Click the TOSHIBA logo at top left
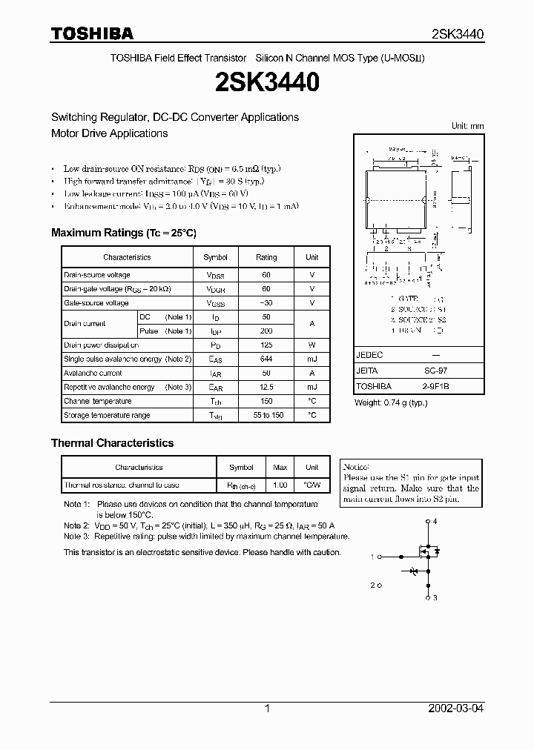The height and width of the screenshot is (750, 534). click(92, 33)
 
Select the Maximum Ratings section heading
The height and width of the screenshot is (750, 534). click(123, 233)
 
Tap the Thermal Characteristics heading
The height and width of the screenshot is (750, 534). click(112, 443)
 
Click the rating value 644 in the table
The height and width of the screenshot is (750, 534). click(266, 359)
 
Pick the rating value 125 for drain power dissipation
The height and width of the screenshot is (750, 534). click(266, 345)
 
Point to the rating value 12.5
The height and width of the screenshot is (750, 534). click(266, 388)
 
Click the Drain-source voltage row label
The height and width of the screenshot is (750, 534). click(96, 275)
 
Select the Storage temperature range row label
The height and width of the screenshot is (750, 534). click(107, 416)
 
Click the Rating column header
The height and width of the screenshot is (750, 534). click(266, 257)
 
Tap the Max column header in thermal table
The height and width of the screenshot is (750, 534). click(280, 468)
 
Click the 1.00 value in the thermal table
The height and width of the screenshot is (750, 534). click(280, 485)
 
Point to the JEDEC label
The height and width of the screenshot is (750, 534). click(369, 356)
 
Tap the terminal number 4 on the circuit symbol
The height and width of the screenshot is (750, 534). click(435, 522)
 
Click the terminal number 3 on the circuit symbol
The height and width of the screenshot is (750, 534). click(435, 597)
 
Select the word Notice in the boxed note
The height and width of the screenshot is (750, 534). click(356, 467)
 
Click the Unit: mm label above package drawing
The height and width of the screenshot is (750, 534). click(467, 126)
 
